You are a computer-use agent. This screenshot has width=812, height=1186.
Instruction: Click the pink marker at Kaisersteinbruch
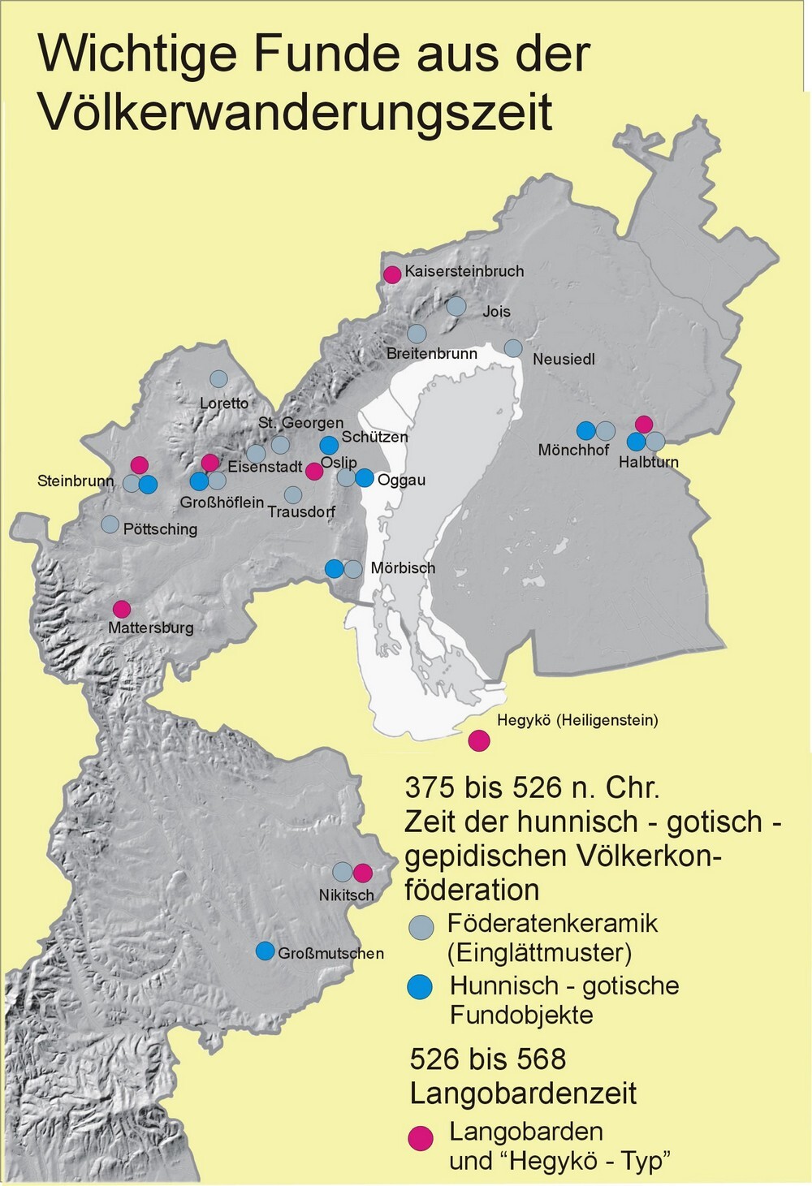coord(392,274)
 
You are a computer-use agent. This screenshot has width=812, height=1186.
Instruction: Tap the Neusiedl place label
coord(564,359)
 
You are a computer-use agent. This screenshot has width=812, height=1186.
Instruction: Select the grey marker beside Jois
coord(456,306)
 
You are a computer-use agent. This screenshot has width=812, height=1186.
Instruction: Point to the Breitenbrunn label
coord(431,354)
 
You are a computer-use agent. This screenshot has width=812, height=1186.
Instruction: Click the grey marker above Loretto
coord(218,378)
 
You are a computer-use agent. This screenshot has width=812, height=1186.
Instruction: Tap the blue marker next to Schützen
coord(329,445)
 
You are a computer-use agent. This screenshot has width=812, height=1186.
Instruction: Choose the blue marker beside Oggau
coord(365,478)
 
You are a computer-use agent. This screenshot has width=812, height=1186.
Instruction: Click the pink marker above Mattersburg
coord(122,608)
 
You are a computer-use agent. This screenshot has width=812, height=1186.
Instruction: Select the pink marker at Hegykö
coord(479,740)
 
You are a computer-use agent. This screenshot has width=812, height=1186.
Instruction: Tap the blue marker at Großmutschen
coord(265,951)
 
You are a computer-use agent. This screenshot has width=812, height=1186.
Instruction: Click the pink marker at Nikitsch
coord(362,873)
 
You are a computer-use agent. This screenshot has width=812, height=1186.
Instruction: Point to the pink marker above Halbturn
coord(644,424)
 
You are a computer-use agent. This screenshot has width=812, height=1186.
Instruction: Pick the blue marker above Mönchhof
coord(585,430)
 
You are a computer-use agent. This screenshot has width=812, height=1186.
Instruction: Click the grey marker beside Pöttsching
coord(110,524)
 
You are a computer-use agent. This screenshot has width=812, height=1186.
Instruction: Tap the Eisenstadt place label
coord(265,468)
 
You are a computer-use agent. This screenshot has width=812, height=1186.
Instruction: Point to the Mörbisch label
coord(403,568)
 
